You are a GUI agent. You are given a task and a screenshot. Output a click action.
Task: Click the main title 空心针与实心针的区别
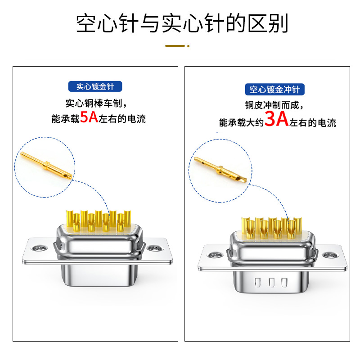pos(180,23)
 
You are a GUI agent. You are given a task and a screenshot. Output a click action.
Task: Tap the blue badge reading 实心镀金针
pos(95,86)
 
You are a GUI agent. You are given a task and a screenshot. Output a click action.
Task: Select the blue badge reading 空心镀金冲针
pos(274,89)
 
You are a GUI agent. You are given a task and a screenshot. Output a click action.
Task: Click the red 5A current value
pos(89,118)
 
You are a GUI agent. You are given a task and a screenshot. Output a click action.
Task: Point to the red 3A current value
pos(276,121)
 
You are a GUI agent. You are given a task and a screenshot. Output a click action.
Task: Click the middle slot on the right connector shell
pos(271,283)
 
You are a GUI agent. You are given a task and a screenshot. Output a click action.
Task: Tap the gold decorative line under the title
pos(175,45)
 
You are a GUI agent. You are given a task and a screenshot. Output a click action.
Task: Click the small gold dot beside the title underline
pos(189,45)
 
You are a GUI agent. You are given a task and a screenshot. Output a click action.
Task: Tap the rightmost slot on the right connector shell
pos(284,283)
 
